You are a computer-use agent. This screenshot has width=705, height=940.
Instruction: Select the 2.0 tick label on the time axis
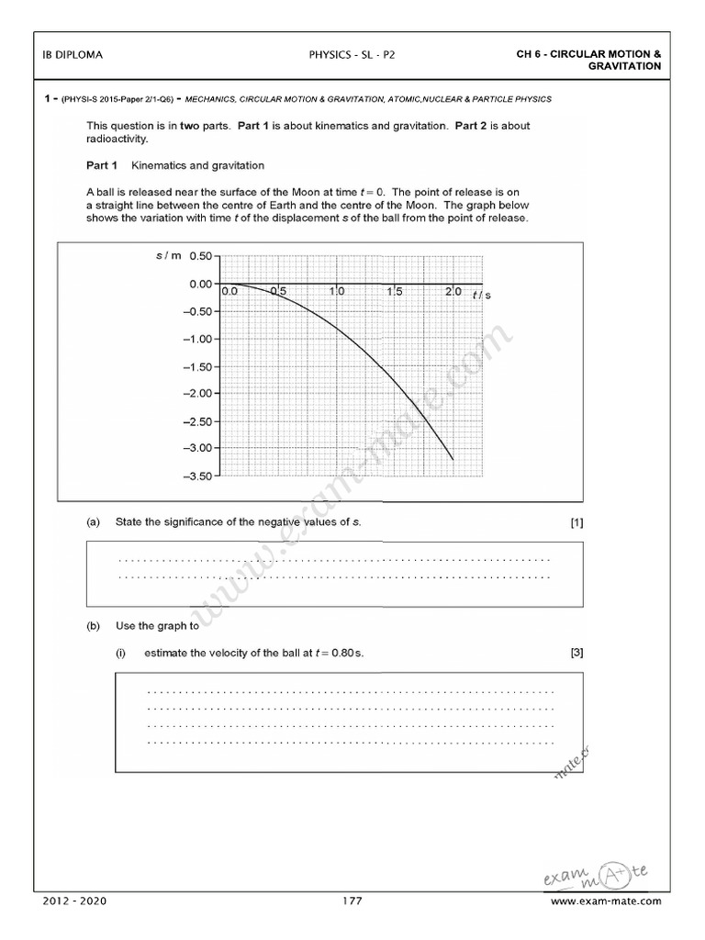(453, 292)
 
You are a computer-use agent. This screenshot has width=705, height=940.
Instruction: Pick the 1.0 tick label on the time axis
(339, 292)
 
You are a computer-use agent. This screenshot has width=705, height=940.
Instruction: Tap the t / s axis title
(481, 294)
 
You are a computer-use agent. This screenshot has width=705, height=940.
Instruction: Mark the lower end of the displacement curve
(453, 458)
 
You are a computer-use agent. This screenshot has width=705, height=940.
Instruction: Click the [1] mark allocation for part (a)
(576, 522)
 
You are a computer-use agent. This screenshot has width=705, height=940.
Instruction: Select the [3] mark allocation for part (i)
(576, 654)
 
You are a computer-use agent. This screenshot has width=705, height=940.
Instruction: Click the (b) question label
(93, 627)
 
